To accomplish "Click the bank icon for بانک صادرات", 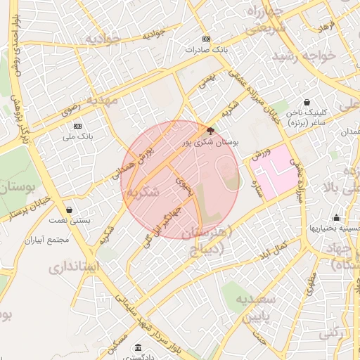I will (x=205, y=39).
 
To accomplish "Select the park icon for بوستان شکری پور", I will (x=210, y=130).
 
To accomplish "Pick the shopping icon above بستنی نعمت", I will (x=69, y=210).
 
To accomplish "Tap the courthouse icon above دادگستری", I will (x=136, y=348).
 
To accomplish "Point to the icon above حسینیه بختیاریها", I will (x=337, y=217).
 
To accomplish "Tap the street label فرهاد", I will (x=328, y=25).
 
